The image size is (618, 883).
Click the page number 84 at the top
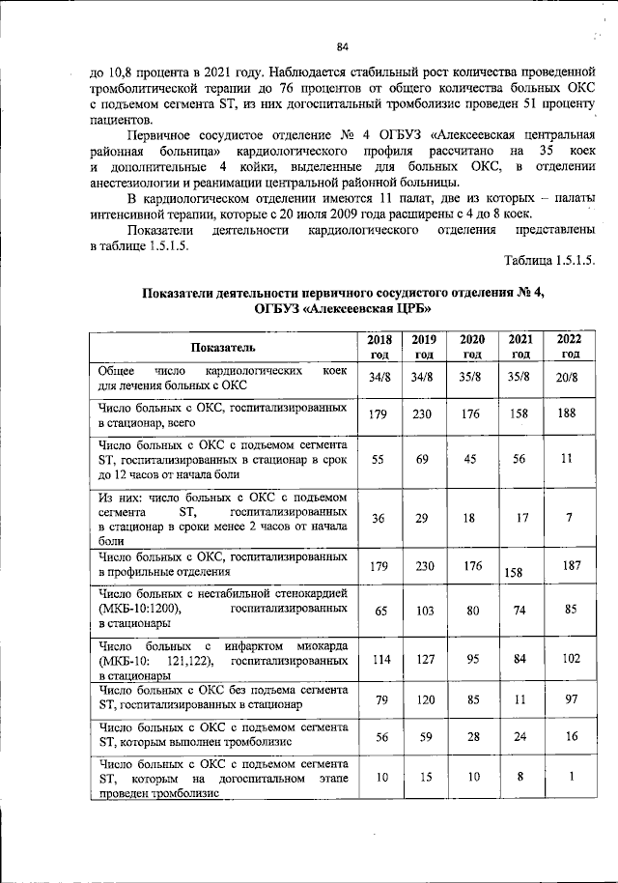342,46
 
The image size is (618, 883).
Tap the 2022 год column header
569,347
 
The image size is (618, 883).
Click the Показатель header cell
223,347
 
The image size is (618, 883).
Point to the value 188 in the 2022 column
569,414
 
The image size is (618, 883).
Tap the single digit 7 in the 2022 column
569,519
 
